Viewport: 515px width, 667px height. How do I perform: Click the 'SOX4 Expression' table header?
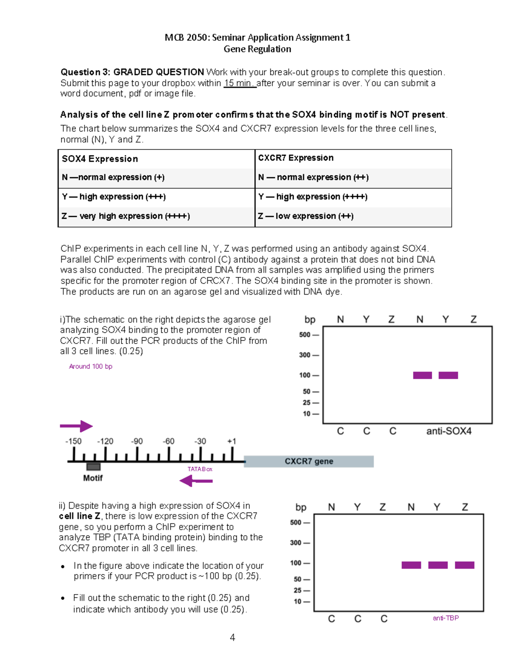point(100,159)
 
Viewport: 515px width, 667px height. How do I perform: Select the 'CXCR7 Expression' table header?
point(296,158)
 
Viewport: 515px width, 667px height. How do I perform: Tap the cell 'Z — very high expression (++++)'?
point(126,216)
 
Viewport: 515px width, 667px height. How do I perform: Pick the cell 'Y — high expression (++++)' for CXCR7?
point(313,197)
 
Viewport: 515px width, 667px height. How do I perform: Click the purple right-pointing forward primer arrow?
point(76,426)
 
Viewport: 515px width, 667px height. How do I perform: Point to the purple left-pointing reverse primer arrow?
point(196,481)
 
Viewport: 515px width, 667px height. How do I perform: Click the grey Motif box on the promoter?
point(93,467)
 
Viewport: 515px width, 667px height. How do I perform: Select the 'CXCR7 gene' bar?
point(309,461)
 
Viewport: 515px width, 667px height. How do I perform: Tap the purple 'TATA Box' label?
point(200,469)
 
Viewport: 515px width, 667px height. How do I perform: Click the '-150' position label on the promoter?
point(73,441)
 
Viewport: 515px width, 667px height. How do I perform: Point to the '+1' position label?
point(232,441)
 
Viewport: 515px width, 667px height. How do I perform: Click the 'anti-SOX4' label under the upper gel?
point(448,431)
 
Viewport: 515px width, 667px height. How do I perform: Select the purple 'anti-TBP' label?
point(445,618)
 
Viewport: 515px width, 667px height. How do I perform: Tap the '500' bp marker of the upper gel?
point(305,335)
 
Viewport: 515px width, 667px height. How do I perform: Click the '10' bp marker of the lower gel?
point(297,602)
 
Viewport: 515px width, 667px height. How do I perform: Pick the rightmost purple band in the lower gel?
point(464,565)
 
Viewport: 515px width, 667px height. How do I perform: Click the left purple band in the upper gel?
point(422,375)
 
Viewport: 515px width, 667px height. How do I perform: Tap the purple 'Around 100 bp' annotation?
point(91,366)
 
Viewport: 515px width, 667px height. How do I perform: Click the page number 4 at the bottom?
point(232,637)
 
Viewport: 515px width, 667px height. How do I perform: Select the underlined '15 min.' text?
point(239,83)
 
